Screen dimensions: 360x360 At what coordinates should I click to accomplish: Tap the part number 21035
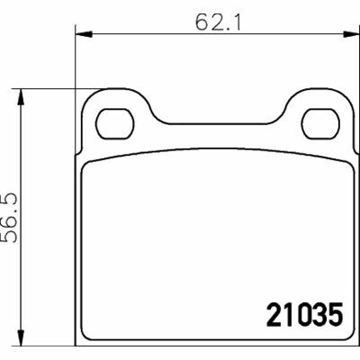[305, 317]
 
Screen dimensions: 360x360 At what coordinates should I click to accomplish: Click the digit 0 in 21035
[298, 317]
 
